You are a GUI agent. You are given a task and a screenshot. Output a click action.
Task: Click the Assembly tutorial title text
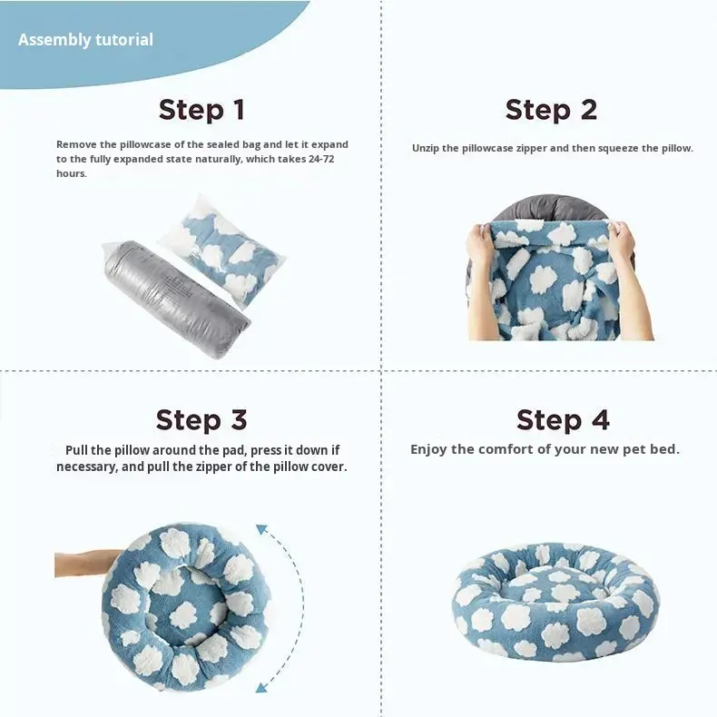click(85, 40)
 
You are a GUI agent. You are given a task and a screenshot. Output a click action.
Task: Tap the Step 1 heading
click(201, 110)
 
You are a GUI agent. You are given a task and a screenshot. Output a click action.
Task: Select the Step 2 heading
click(552, 110)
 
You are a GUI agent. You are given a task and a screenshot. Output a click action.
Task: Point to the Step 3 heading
click(201, 420)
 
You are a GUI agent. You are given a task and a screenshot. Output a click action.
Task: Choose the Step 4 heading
click(563, 420)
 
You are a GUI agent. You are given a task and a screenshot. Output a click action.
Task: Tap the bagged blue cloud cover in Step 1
click(224, 250)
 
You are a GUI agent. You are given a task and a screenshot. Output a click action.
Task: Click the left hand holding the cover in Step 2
click(481, 245)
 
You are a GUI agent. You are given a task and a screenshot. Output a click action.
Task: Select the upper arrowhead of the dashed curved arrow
click(262, 529)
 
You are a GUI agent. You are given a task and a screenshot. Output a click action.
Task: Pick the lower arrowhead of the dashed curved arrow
click(261, 686)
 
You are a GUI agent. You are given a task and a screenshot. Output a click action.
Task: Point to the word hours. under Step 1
click(72, 173)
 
